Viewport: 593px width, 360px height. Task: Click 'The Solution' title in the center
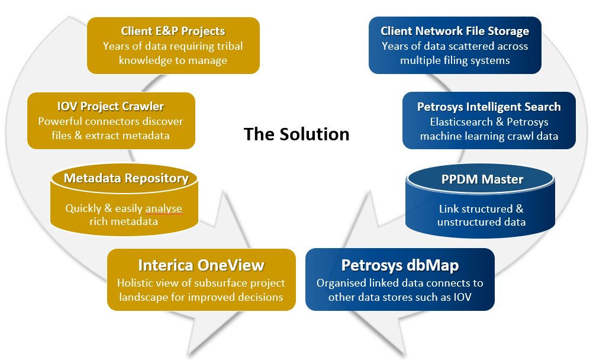[296, 134]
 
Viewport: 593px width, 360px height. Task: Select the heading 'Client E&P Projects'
[173, 31]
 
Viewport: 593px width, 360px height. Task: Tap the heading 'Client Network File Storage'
[455, 31]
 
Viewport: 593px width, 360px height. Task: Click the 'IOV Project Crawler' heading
[111, 107]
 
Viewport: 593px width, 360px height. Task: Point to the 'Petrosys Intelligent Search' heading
[489, 107]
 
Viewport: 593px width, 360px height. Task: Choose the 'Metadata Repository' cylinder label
[126, 178]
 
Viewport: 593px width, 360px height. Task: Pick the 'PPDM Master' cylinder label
[482, 179]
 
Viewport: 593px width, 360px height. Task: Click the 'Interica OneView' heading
[201, 265]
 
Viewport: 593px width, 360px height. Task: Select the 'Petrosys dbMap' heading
[400, 265]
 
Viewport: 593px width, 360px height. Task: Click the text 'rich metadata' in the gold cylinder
[124, 221]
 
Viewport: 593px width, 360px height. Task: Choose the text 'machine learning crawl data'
[489, 136]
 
